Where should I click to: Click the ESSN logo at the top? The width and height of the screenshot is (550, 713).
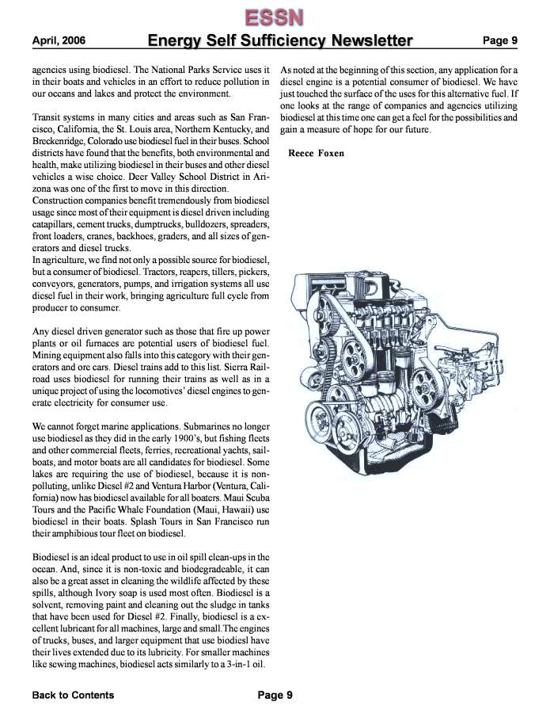pos(275,15)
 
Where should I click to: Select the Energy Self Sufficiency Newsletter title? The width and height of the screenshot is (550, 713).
pos(280,40)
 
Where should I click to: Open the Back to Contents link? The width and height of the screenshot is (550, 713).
pos(73,696)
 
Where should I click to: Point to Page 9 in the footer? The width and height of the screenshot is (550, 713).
pos(275,696)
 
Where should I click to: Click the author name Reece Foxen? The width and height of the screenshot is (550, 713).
pos(317,153)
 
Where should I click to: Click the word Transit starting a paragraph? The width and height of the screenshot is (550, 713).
pos(49,116)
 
